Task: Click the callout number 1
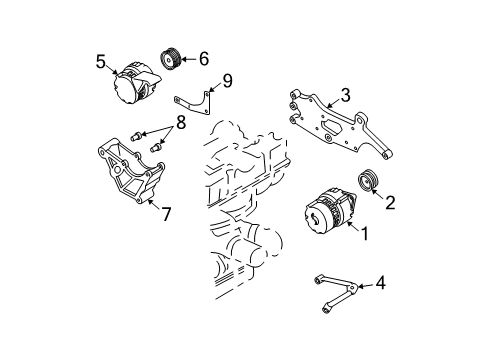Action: tap(366, 236)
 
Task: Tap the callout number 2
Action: tap(391, 202)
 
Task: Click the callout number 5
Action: tap(101, 62)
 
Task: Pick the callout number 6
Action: tap(203, 59)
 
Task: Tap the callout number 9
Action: tap(226, 80)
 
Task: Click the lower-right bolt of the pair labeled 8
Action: tap(155, 148)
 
